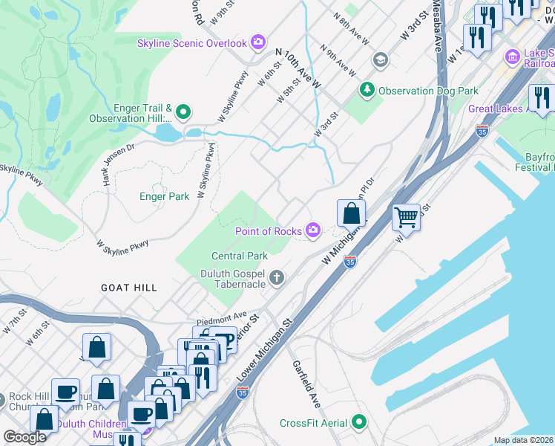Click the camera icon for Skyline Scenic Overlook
click(257, 42)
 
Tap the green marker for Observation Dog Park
click(367, 91)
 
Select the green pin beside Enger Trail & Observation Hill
click(183, 112)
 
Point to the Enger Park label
click(165, 197)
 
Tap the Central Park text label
click(239, 256)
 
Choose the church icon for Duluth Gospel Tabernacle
click(277, 279)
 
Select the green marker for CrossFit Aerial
click(359, 423)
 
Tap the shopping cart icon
click(407, 217)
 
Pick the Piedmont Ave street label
click(221, 317)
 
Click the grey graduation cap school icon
click(381, 59)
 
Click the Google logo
click(24, 438)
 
